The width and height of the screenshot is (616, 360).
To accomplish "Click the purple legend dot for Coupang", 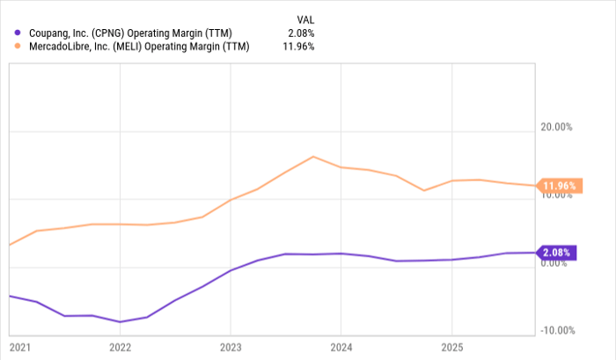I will pos(18,33).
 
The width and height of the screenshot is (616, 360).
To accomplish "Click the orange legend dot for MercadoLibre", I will pos(18,48).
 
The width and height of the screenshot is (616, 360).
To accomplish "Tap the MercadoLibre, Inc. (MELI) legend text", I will pos(138,48).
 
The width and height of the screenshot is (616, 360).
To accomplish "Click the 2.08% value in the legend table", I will pos(300,33).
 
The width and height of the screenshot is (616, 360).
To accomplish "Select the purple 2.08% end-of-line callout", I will pos(556,253).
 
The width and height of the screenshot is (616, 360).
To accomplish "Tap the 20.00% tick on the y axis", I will pos(556,127).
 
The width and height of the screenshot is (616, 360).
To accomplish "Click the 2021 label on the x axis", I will pos(18,346).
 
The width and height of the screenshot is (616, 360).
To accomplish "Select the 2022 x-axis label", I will pos(120,346).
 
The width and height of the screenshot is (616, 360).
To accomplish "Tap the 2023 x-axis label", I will pos(230,346).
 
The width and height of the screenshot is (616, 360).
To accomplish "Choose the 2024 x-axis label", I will pos(340,346).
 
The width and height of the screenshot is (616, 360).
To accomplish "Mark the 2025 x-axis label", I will pos(450,346).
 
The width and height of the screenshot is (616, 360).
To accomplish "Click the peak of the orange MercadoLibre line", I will pos(313,157).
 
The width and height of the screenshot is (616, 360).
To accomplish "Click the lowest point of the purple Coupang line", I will pos(120,322).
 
